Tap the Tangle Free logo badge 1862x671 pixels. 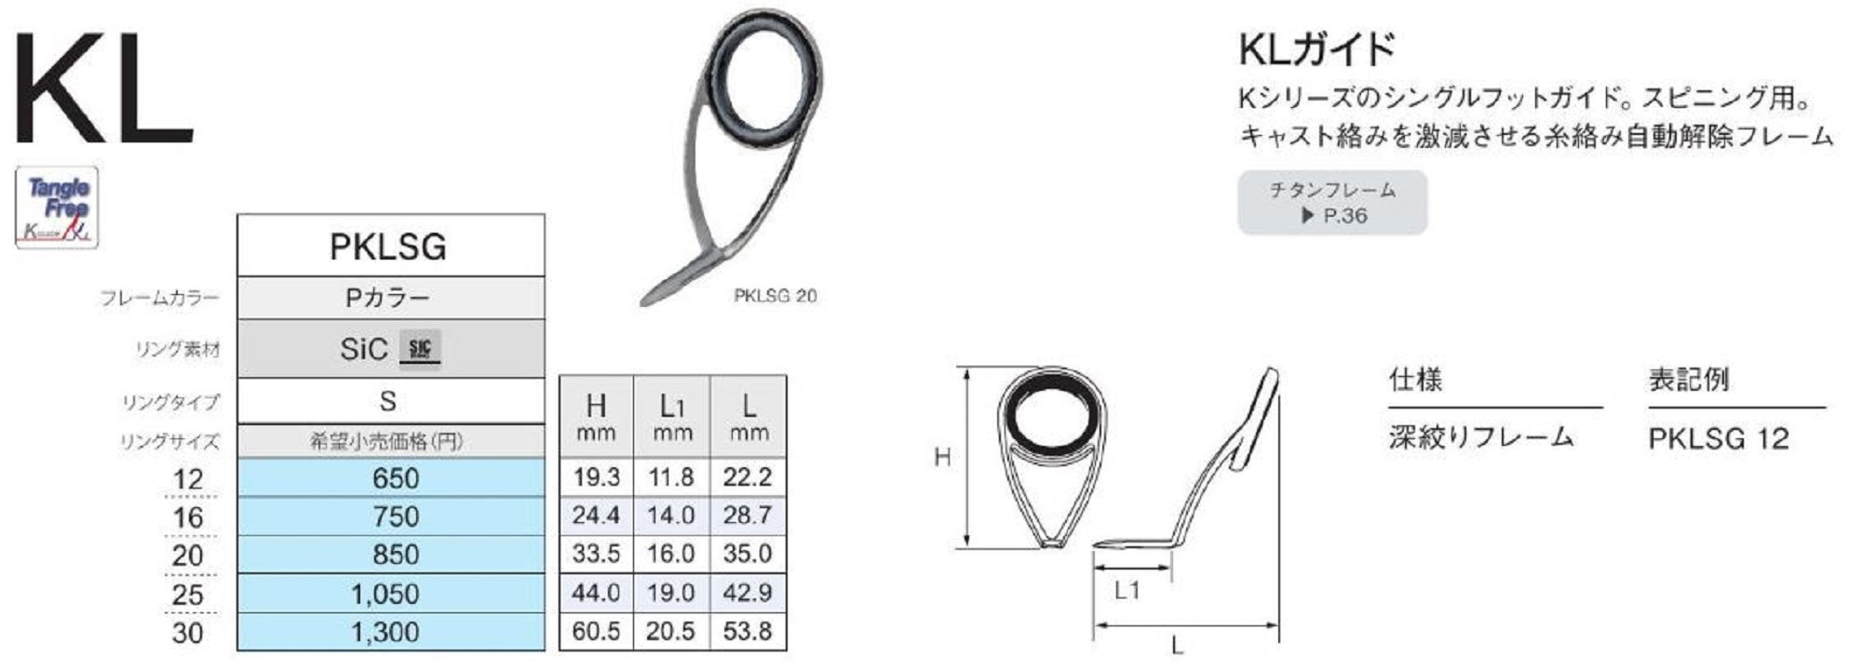pos(57,208)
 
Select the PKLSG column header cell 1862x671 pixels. pos(389,247)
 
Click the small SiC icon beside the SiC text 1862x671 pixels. pos(420,348)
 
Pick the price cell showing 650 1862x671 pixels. pos(395,478)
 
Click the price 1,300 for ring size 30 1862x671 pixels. pos(385,632)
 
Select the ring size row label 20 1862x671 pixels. pos(187,556)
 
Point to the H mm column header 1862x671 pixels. pos(596,416)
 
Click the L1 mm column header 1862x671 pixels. pos(672,416)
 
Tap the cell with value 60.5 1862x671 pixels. pos(596,631)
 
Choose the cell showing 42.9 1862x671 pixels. pos(748,593)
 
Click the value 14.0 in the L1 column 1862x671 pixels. pos(671,516)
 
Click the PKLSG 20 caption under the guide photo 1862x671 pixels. pos(775,296)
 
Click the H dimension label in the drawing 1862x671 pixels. pos(942,457)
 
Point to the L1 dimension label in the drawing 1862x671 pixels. pos(1127,590)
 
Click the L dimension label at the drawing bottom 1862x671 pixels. pos(1178,645)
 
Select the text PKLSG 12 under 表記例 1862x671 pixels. pos(1719,438)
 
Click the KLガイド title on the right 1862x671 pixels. pos(1316,48)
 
